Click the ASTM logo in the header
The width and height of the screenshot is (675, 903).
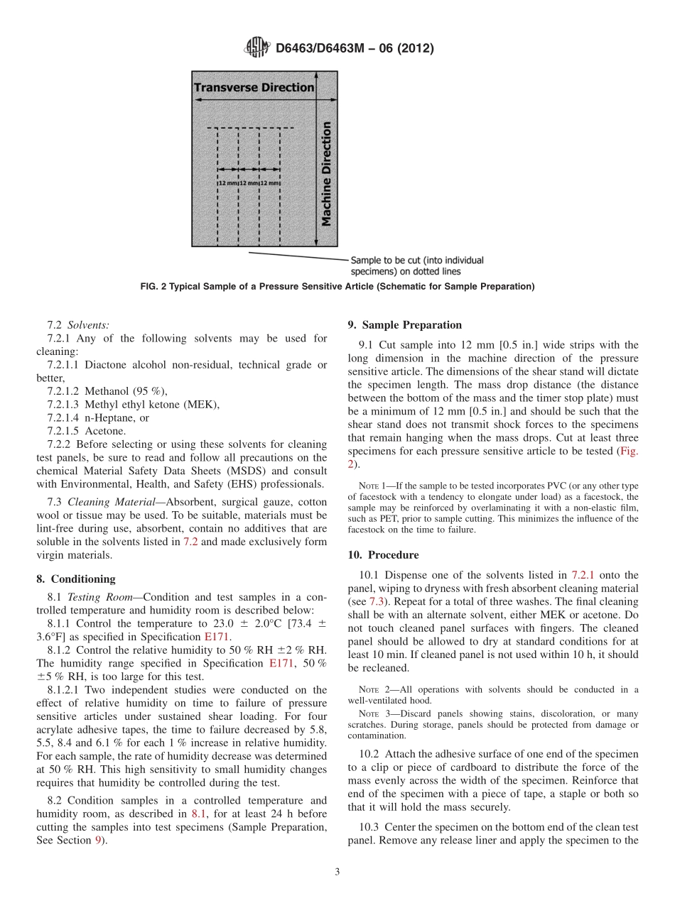[256, 48]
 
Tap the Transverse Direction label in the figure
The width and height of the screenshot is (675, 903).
[254, 87]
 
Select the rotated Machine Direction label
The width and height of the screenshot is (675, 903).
[326, 174]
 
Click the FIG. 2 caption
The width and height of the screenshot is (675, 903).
[337, 287]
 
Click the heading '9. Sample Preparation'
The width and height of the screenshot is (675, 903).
[404, 325]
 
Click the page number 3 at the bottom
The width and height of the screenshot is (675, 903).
[337, 872]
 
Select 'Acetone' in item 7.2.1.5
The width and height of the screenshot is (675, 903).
[105, 431]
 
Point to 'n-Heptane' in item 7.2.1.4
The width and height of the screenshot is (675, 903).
[109, 417]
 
